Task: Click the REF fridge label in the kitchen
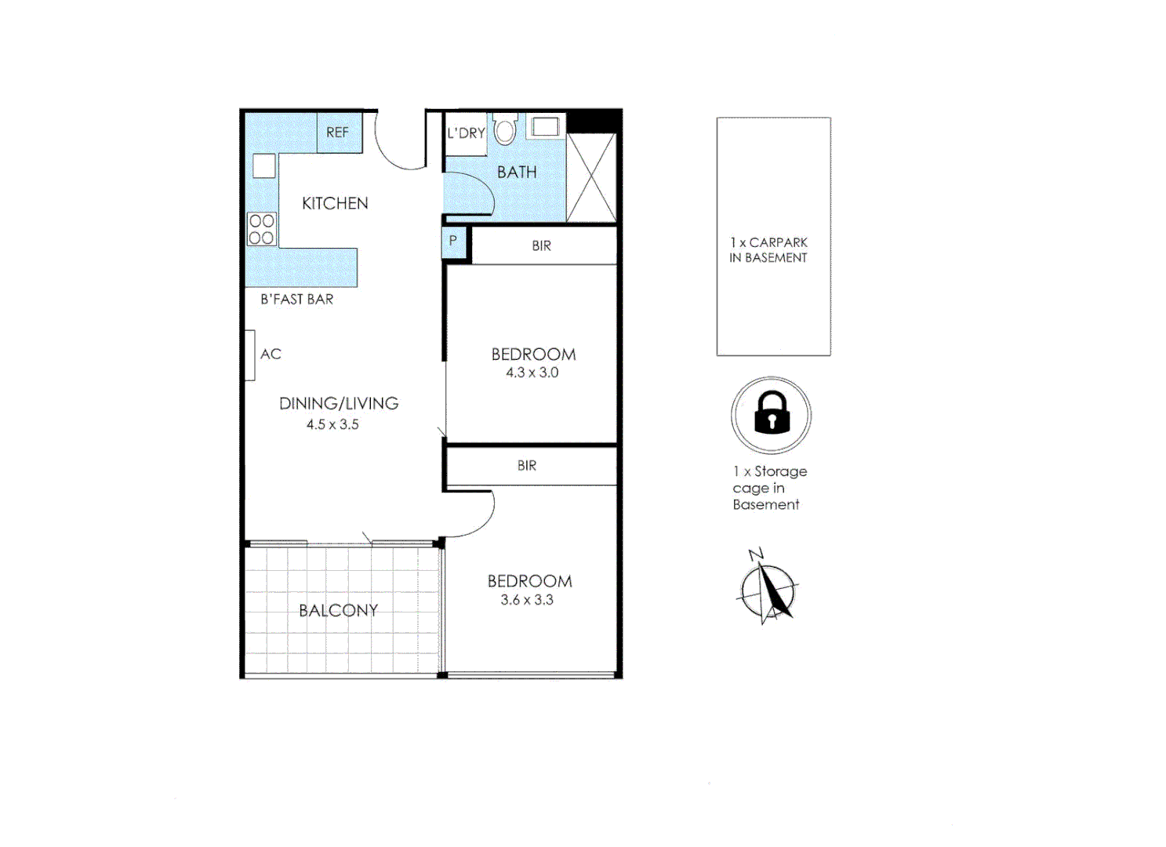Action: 337,133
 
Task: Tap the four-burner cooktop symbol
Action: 262,229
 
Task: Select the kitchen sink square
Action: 264,166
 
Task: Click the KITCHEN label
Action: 335,203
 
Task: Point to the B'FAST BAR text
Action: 296,300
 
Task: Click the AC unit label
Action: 271,354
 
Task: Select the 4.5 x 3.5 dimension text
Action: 332,424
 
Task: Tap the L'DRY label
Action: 466,133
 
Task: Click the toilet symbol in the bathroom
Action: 505,130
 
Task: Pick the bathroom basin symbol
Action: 545,126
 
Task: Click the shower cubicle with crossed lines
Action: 591,178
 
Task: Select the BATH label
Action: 517,173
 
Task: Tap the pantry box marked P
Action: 453,242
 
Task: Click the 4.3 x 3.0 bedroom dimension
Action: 532,373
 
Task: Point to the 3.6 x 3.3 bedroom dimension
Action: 527,600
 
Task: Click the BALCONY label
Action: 338,610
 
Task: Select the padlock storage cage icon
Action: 772,414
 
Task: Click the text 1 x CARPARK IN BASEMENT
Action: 768,250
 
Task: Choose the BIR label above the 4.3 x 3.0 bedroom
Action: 541,246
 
